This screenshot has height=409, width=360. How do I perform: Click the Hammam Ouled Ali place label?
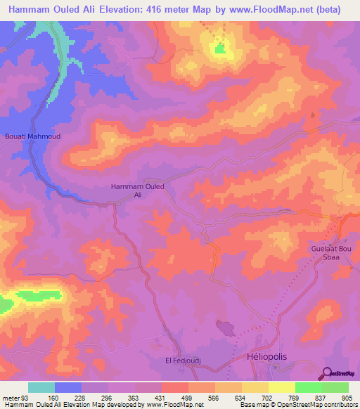(x=138, y=190)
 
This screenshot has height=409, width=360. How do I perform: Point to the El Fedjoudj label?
(x=184, y=361)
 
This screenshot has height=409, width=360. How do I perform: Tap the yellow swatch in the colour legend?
(x=281, y=387)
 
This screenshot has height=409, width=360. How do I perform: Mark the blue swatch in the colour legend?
(x=68, y=387)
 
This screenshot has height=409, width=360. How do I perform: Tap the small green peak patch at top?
(x=220, y=48)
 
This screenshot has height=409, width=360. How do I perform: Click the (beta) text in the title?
(x=327, y=10)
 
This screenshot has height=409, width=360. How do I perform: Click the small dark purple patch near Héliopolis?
(x=226, y=327)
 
